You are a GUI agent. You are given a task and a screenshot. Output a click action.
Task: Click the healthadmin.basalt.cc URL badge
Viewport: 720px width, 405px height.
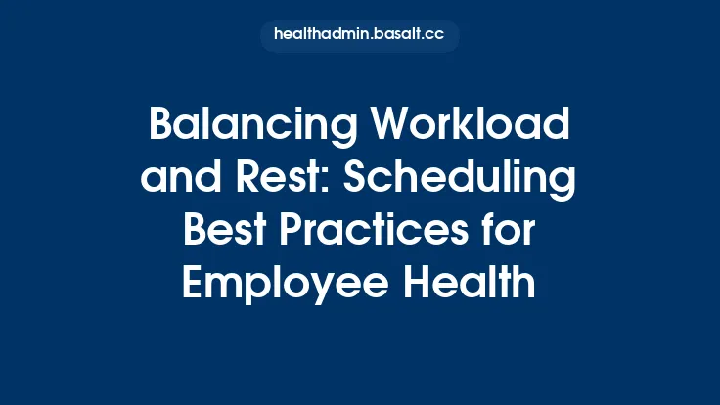[x=359, y=35]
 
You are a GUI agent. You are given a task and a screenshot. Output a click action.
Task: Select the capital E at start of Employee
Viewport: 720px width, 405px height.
[x=197, y=285]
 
